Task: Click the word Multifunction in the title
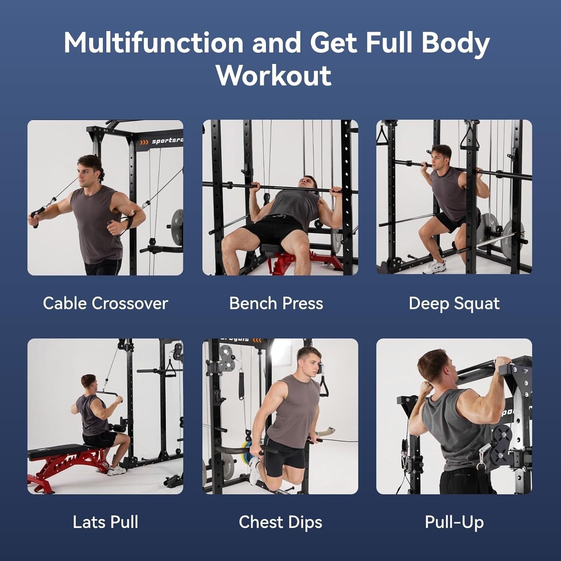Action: pos(153,42)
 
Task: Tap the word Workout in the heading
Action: pos(274,76)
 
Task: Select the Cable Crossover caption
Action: pos(105,303)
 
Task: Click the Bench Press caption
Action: pos(276,303)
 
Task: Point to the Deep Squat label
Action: pos(454,304)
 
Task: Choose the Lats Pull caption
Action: pos(105,522)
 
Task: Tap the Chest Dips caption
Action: pos(280,522)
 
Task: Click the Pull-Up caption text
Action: pos(454,522)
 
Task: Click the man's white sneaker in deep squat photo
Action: pos(436,267)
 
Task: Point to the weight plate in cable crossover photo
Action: pos(177,227)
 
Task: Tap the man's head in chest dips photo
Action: pos(310,361)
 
